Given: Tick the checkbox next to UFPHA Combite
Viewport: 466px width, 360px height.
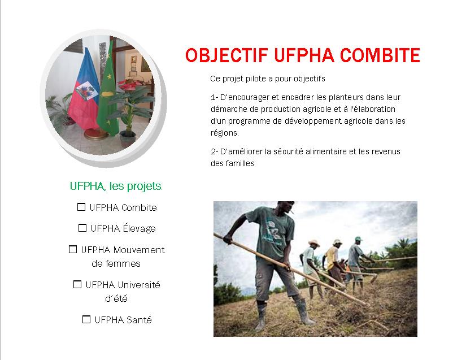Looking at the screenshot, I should pos(81,207).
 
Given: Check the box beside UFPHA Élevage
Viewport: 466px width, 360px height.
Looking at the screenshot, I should pos(82,228).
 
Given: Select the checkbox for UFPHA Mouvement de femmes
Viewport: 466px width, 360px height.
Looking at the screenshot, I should pos(73,249).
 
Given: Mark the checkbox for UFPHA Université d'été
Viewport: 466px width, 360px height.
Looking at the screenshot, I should pos(77,284).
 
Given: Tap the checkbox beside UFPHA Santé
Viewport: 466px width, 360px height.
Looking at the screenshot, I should pos(86,319).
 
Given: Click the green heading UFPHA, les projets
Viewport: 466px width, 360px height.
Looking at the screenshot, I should pos(116,186).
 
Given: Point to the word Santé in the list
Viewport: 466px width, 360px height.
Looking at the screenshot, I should pos(140,320).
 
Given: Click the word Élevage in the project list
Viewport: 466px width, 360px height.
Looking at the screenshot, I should pos(139,228).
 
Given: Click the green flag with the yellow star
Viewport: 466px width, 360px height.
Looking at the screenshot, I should pos(107,90).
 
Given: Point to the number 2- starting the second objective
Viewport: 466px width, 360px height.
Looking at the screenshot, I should pos(214,151).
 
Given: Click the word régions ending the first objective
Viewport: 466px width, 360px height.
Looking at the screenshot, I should pos(224,133).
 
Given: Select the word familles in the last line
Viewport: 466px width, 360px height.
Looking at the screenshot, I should pos(239,163).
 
